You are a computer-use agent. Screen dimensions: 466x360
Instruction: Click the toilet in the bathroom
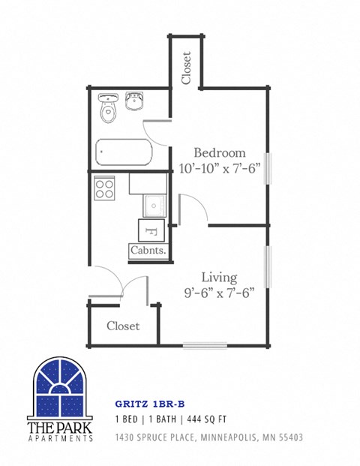tap(109, 110)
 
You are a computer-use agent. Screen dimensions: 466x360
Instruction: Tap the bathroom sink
tap(135, 101)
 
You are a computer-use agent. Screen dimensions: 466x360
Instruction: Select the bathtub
tap(124, 155)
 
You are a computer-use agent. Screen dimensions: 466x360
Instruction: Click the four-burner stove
tap(104, 188)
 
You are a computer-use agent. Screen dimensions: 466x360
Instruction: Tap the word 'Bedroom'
tap(220, 152)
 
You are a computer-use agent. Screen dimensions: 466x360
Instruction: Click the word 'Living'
tap(219, 277)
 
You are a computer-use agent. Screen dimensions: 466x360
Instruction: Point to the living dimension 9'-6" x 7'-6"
tap(219, 293)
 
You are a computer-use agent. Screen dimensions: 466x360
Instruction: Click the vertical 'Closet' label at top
tap(186, 68)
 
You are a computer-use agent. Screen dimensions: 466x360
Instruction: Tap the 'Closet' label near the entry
tap(123, 326)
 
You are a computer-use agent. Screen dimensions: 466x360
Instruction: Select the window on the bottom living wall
tap(205, 346)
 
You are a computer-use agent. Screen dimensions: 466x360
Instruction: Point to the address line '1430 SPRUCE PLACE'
tap(159, 437)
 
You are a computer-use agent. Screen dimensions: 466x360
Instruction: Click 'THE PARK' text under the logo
tap(59, 426)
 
